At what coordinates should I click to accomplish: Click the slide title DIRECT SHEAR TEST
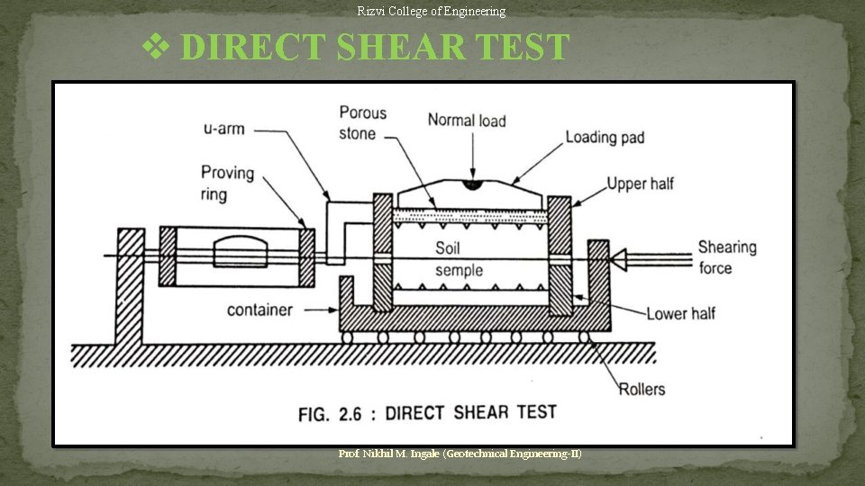tap(374, 47)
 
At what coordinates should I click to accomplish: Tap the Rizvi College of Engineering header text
tap(431, 11)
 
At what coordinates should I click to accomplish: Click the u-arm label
tap(224, 128)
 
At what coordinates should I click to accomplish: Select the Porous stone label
tap(362, 123)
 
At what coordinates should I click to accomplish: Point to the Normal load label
tap(466, 120)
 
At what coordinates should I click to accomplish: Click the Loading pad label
tap(604, 137)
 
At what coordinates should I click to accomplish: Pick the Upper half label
tap(640, 184)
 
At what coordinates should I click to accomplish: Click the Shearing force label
tap(727, 256)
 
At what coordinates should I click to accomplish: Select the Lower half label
tap(680, 313)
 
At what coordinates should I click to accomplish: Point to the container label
tap(259, 310)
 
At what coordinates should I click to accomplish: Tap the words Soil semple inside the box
tap(459, 259)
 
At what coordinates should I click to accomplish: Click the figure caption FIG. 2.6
tap(427, 413)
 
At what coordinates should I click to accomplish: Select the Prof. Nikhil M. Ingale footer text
tap(460, 454)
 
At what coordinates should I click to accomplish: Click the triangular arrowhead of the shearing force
tap(619, 259)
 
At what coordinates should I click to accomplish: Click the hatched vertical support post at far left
tap(129, 286)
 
